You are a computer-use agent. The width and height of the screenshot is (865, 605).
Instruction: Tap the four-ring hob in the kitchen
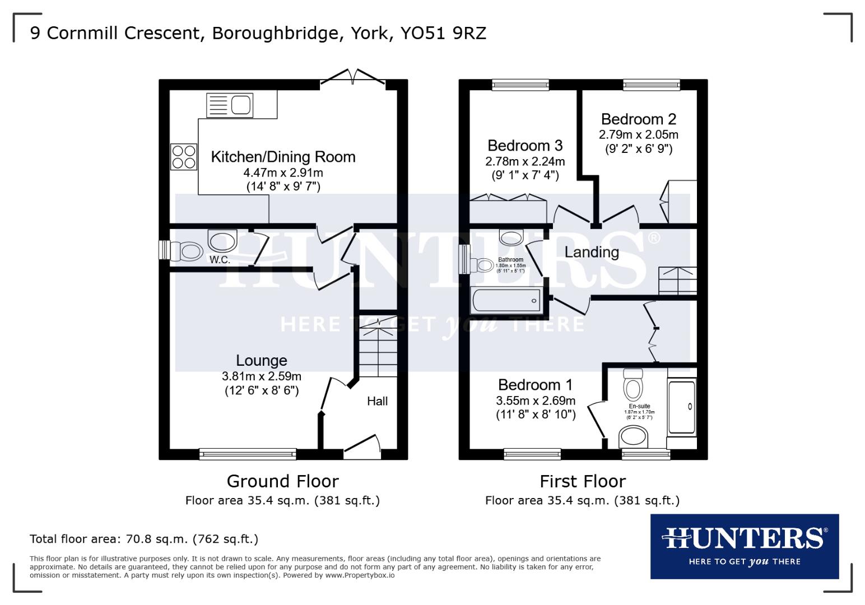pos(184,157)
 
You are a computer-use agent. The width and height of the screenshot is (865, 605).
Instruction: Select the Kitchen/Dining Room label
pos(283,157)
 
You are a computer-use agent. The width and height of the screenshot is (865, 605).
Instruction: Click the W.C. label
pos(220,260)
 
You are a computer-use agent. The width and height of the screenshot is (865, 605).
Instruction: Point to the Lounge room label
pos(262,361)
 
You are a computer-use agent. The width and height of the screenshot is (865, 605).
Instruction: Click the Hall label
pos(377,401)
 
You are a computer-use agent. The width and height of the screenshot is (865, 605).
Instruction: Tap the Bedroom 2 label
pos(638,119)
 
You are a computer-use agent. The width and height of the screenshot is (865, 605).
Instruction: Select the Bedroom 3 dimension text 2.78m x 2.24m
pos(525,162)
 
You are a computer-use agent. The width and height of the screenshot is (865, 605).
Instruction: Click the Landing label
pos(592,252)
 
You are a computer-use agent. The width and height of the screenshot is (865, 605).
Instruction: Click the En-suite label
pos(639,406)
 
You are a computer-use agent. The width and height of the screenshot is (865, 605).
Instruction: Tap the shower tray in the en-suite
pos(682,407)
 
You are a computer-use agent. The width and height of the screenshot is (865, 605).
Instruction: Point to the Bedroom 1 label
pos(535,385)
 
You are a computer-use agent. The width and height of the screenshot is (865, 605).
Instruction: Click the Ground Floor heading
pos(282,481)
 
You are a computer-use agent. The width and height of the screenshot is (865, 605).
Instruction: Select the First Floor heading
pos(582,481)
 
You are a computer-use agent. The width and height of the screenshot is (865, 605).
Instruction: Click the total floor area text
pos(144,539)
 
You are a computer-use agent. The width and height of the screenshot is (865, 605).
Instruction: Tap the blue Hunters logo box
pos(744,546)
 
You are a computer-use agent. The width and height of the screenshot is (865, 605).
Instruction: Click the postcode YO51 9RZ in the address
pos(443,34)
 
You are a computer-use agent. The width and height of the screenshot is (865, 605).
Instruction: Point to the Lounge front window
pos(248,454)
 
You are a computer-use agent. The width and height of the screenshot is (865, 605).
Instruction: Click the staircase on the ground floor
pos(377,345)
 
